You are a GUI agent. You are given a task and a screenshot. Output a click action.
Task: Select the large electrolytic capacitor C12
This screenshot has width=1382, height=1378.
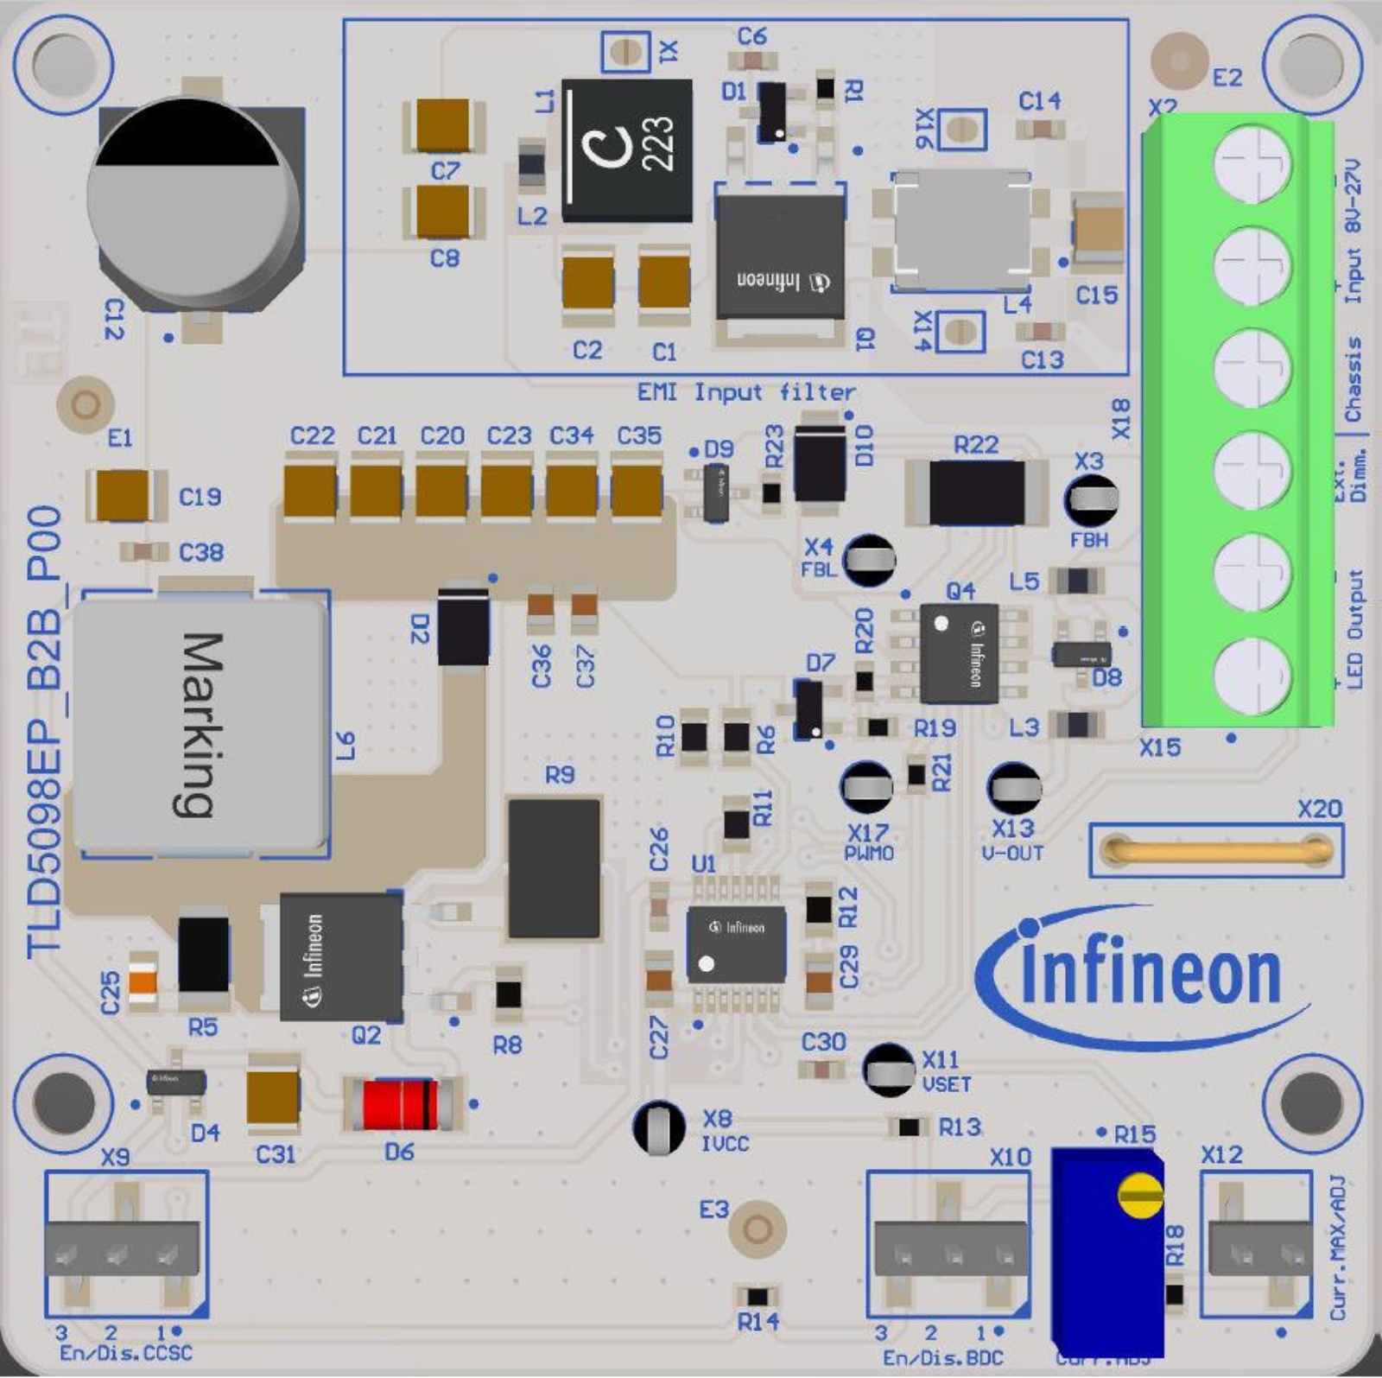pyautogui.click(x=197, y=206)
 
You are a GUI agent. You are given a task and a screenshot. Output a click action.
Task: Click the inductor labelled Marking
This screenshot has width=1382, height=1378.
pyautogui.click(x=200, y=724)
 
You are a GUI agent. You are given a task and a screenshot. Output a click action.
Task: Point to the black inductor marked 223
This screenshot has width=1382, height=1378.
pyautogui.click(x=627, y=150)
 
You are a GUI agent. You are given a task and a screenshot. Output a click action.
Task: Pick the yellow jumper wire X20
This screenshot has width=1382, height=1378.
pyautogui.click(x=1216, y=850)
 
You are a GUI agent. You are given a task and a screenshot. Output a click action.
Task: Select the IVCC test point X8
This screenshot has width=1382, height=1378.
pyautogui.click(x=660, y=1127)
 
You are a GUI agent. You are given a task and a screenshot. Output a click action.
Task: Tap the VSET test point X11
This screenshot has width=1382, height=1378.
pyautogui.click(x=889, y=1070)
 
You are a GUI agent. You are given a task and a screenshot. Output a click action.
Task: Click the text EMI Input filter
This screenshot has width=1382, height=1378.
pyautogui.click(x=746, y=393)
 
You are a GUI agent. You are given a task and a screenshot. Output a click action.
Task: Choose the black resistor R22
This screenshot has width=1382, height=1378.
pyautogui.click(x=977, y=492)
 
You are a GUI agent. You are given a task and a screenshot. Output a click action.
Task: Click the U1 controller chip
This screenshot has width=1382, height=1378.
pyautogui.click(x=736, y=944)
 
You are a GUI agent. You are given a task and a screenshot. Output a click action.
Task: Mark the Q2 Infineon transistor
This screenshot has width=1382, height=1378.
pyautogui.click(x=341, y=957)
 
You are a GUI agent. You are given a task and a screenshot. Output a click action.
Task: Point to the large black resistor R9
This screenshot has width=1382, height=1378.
pyautogui.click(x=554, y=868)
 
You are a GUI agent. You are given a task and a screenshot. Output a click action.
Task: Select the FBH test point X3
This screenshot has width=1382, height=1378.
pyautogui.click(x=1090, y=499)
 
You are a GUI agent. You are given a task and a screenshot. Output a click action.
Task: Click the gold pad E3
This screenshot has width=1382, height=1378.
pyautogui.click(x=757, y=1228)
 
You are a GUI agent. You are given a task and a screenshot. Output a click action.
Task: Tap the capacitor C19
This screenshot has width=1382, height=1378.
pyautogui.click(x=123, y=495)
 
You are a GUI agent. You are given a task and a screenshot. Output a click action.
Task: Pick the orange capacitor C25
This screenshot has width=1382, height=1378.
pyautogui.click(x=142, y=981)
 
